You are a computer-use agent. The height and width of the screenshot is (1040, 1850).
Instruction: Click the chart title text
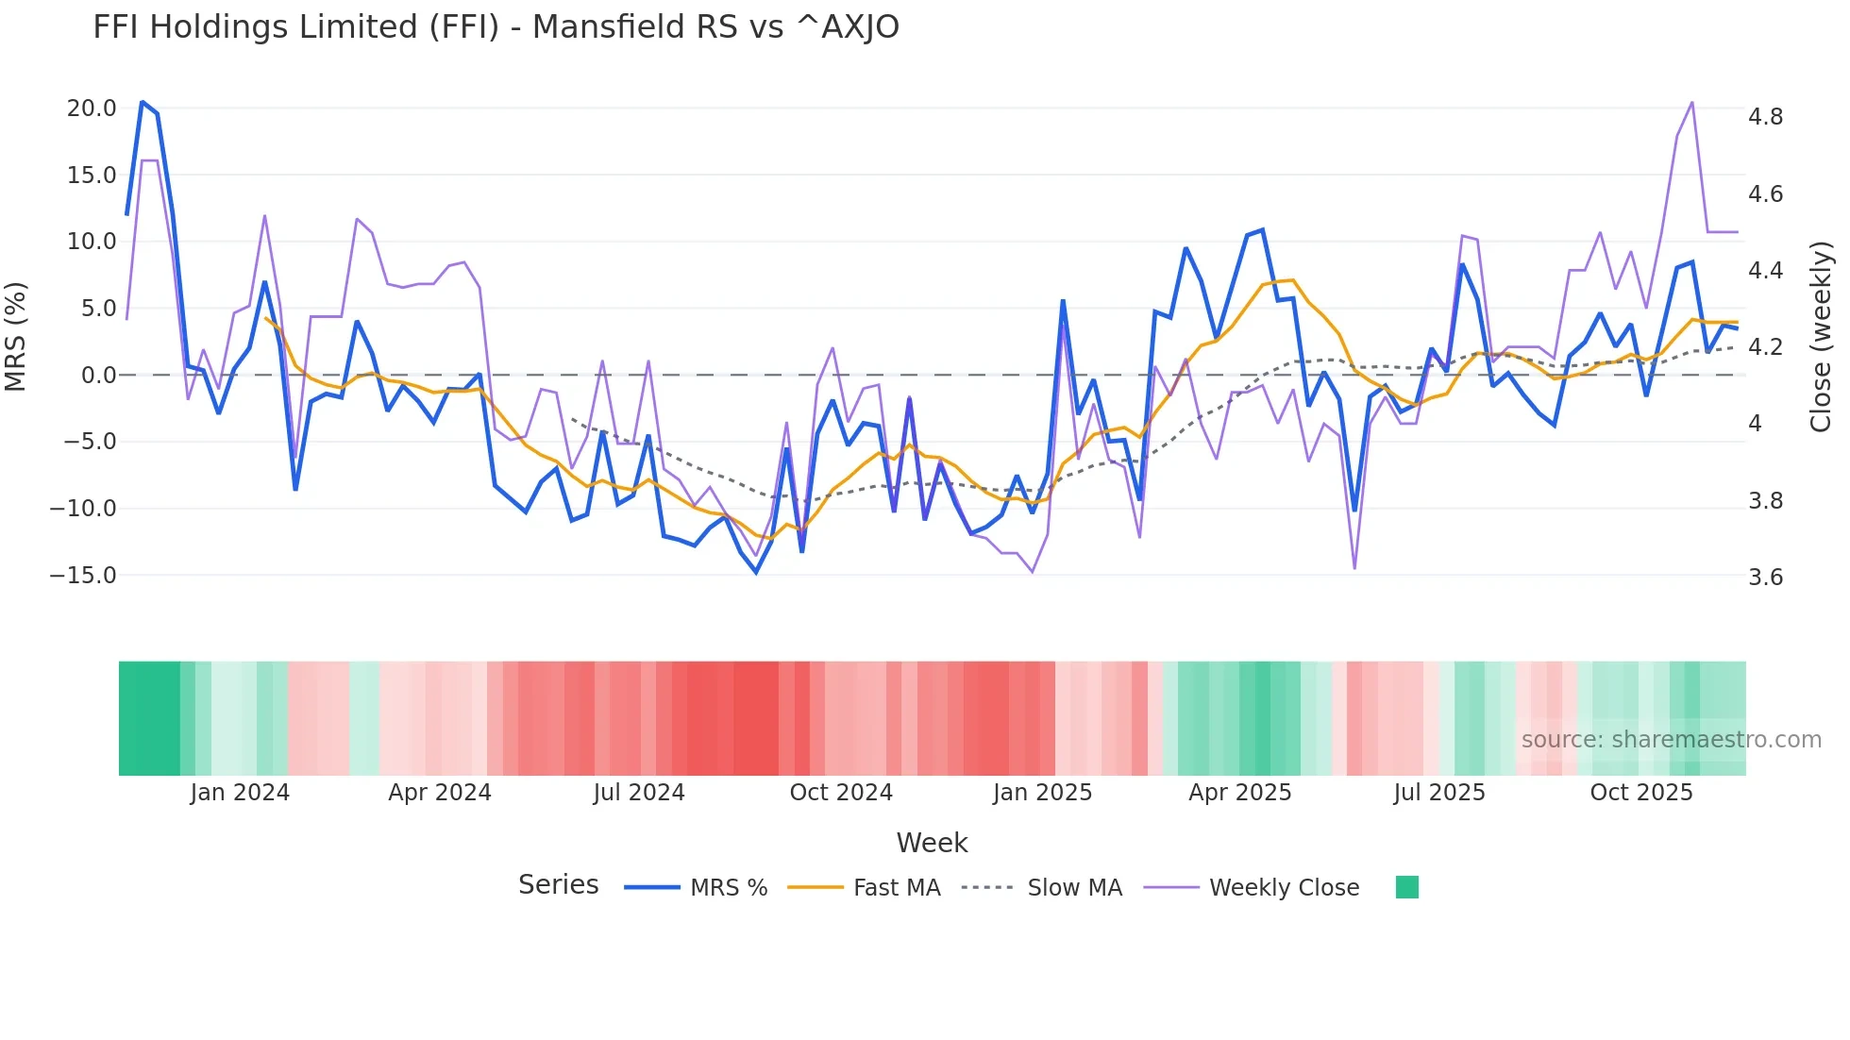496,27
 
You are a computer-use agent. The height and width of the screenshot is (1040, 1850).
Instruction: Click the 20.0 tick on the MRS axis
92,109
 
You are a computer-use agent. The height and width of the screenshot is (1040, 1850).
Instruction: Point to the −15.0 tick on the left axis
83,576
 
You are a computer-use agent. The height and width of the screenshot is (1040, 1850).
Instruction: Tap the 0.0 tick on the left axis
98,376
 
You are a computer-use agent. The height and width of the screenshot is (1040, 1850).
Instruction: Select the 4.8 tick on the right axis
1765,117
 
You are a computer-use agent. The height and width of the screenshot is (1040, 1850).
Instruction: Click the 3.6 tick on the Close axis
1765,578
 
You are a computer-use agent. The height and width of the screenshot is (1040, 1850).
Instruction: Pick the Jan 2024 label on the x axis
240,793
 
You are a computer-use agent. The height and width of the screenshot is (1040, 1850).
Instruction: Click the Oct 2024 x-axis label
841,793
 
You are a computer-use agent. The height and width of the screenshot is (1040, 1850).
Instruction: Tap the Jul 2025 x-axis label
1439,793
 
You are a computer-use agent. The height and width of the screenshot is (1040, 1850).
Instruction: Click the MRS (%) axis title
16,337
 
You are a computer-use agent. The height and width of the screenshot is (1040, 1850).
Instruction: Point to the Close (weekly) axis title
1821,337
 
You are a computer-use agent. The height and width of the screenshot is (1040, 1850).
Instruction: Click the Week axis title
932,843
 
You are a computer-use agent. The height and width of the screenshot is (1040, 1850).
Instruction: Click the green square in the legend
1406,887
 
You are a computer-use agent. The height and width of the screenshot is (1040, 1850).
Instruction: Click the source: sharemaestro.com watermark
1671,740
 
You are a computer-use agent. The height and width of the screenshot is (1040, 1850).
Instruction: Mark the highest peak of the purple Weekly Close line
1692,102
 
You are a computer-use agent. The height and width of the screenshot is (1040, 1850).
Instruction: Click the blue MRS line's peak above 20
143,101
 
